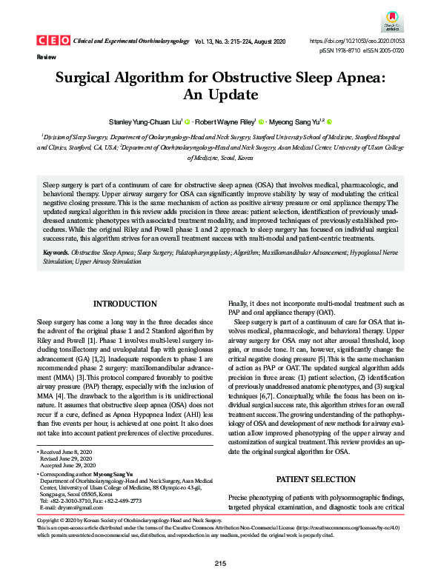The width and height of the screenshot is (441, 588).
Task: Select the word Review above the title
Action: [45, 56]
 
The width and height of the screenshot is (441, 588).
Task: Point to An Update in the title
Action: [220, 95]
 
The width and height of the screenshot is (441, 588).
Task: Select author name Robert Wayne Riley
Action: [226, 121]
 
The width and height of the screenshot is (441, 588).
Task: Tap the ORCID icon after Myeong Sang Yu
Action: [329, 121]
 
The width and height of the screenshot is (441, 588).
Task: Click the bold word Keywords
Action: [56, 253]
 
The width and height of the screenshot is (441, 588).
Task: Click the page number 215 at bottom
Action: [220, 564]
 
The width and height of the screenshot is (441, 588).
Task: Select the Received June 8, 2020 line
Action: [66, 451]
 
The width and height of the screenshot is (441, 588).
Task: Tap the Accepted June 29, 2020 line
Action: [68, 464]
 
